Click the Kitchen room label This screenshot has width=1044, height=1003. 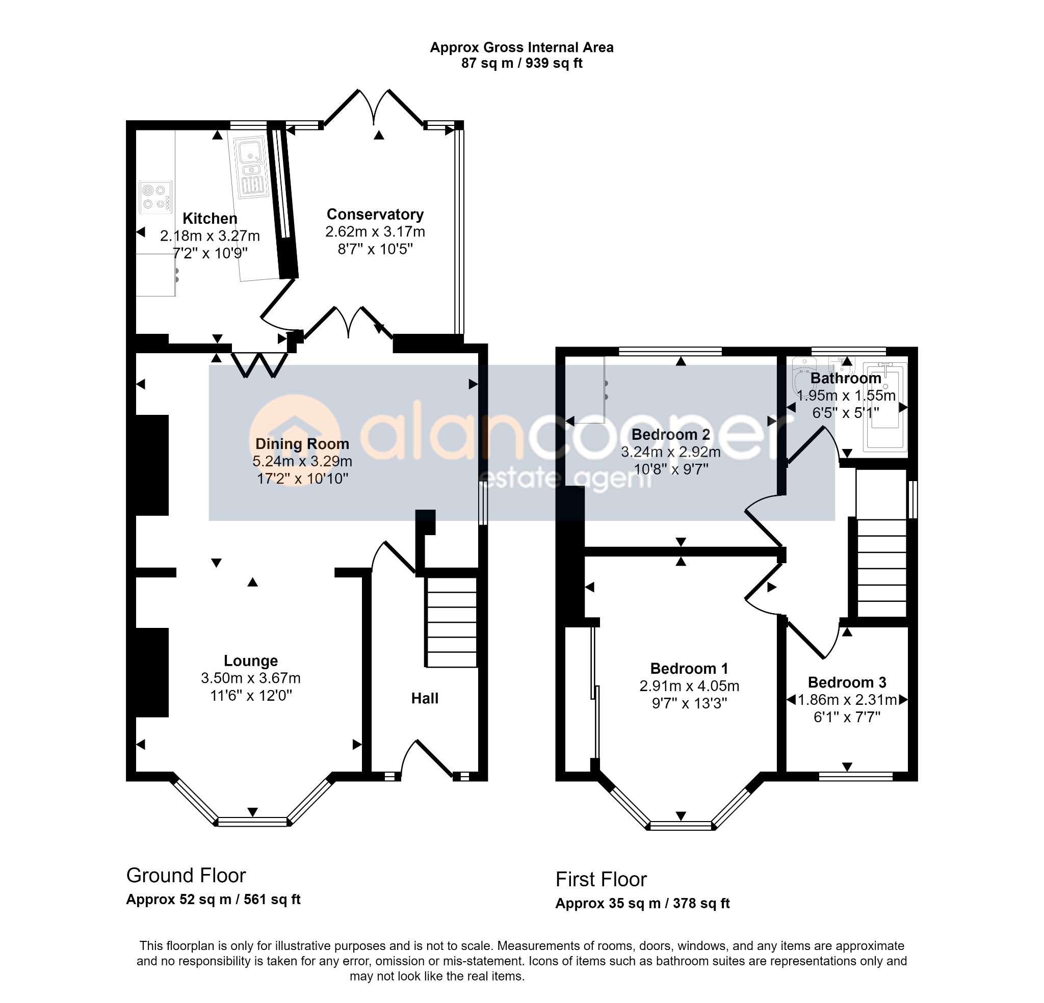click(210, 219)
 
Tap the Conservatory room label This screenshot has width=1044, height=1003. click(375, 214)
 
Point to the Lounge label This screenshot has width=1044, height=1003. click(251, 661)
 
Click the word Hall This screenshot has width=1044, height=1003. click(425, 698)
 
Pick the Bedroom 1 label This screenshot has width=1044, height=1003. click(689, 669)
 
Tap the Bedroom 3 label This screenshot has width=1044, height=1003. click(847, 682)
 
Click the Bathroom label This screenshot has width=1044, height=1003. click(846, 378)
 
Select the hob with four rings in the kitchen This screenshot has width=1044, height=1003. click(155, 197)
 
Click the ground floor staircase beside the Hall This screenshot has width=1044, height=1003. click(451, 623)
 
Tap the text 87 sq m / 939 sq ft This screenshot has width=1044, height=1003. click(522, 63)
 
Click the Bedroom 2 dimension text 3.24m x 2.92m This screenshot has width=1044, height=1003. click(671, 452)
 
